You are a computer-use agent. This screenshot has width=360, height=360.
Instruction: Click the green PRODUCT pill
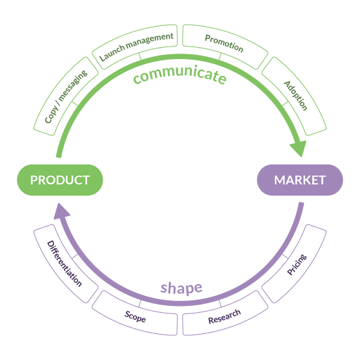click(x=60, y=180)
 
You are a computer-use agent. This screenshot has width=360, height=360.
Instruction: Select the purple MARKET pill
click(x=300, y=180)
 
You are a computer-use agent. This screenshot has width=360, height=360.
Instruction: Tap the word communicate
click(x=180, y=75)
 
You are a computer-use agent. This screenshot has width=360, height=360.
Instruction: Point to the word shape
click(x=181, y=288)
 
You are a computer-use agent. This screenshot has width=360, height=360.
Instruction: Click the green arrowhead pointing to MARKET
click(x=299, y=148)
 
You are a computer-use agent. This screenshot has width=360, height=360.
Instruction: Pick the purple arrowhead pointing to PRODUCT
click(x=61, y=212)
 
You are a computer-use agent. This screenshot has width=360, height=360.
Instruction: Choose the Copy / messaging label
click(x=66, y=96)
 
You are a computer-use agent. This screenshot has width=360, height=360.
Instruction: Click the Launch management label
click(x=136, y=46)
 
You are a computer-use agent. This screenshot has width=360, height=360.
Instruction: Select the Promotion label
click(x=224, y=44)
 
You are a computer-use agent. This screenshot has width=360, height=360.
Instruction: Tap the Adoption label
click(x=295, y=96)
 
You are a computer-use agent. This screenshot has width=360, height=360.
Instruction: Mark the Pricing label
click(x=297, y=264)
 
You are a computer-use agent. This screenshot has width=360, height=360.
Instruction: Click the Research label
click(x=224, y=316)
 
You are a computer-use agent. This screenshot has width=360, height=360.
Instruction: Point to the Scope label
click(x=135, y=316)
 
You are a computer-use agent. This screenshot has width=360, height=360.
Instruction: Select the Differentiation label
click(x=65, y=264)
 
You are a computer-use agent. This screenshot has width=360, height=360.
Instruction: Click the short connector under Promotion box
click(x=220, y=56)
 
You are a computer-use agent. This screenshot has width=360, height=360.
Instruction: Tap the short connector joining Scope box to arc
click(x=140, y=304)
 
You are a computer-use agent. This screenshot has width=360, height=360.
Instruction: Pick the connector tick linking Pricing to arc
click(x=285, y=256)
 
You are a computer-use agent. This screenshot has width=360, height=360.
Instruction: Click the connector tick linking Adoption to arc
click(x=285, y=104)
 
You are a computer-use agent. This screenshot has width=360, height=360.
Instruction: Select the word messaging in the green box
click(x=73, y=85)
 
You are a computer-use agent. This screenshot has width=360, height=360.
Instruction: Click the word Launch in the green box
click(x=112, y=53)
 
